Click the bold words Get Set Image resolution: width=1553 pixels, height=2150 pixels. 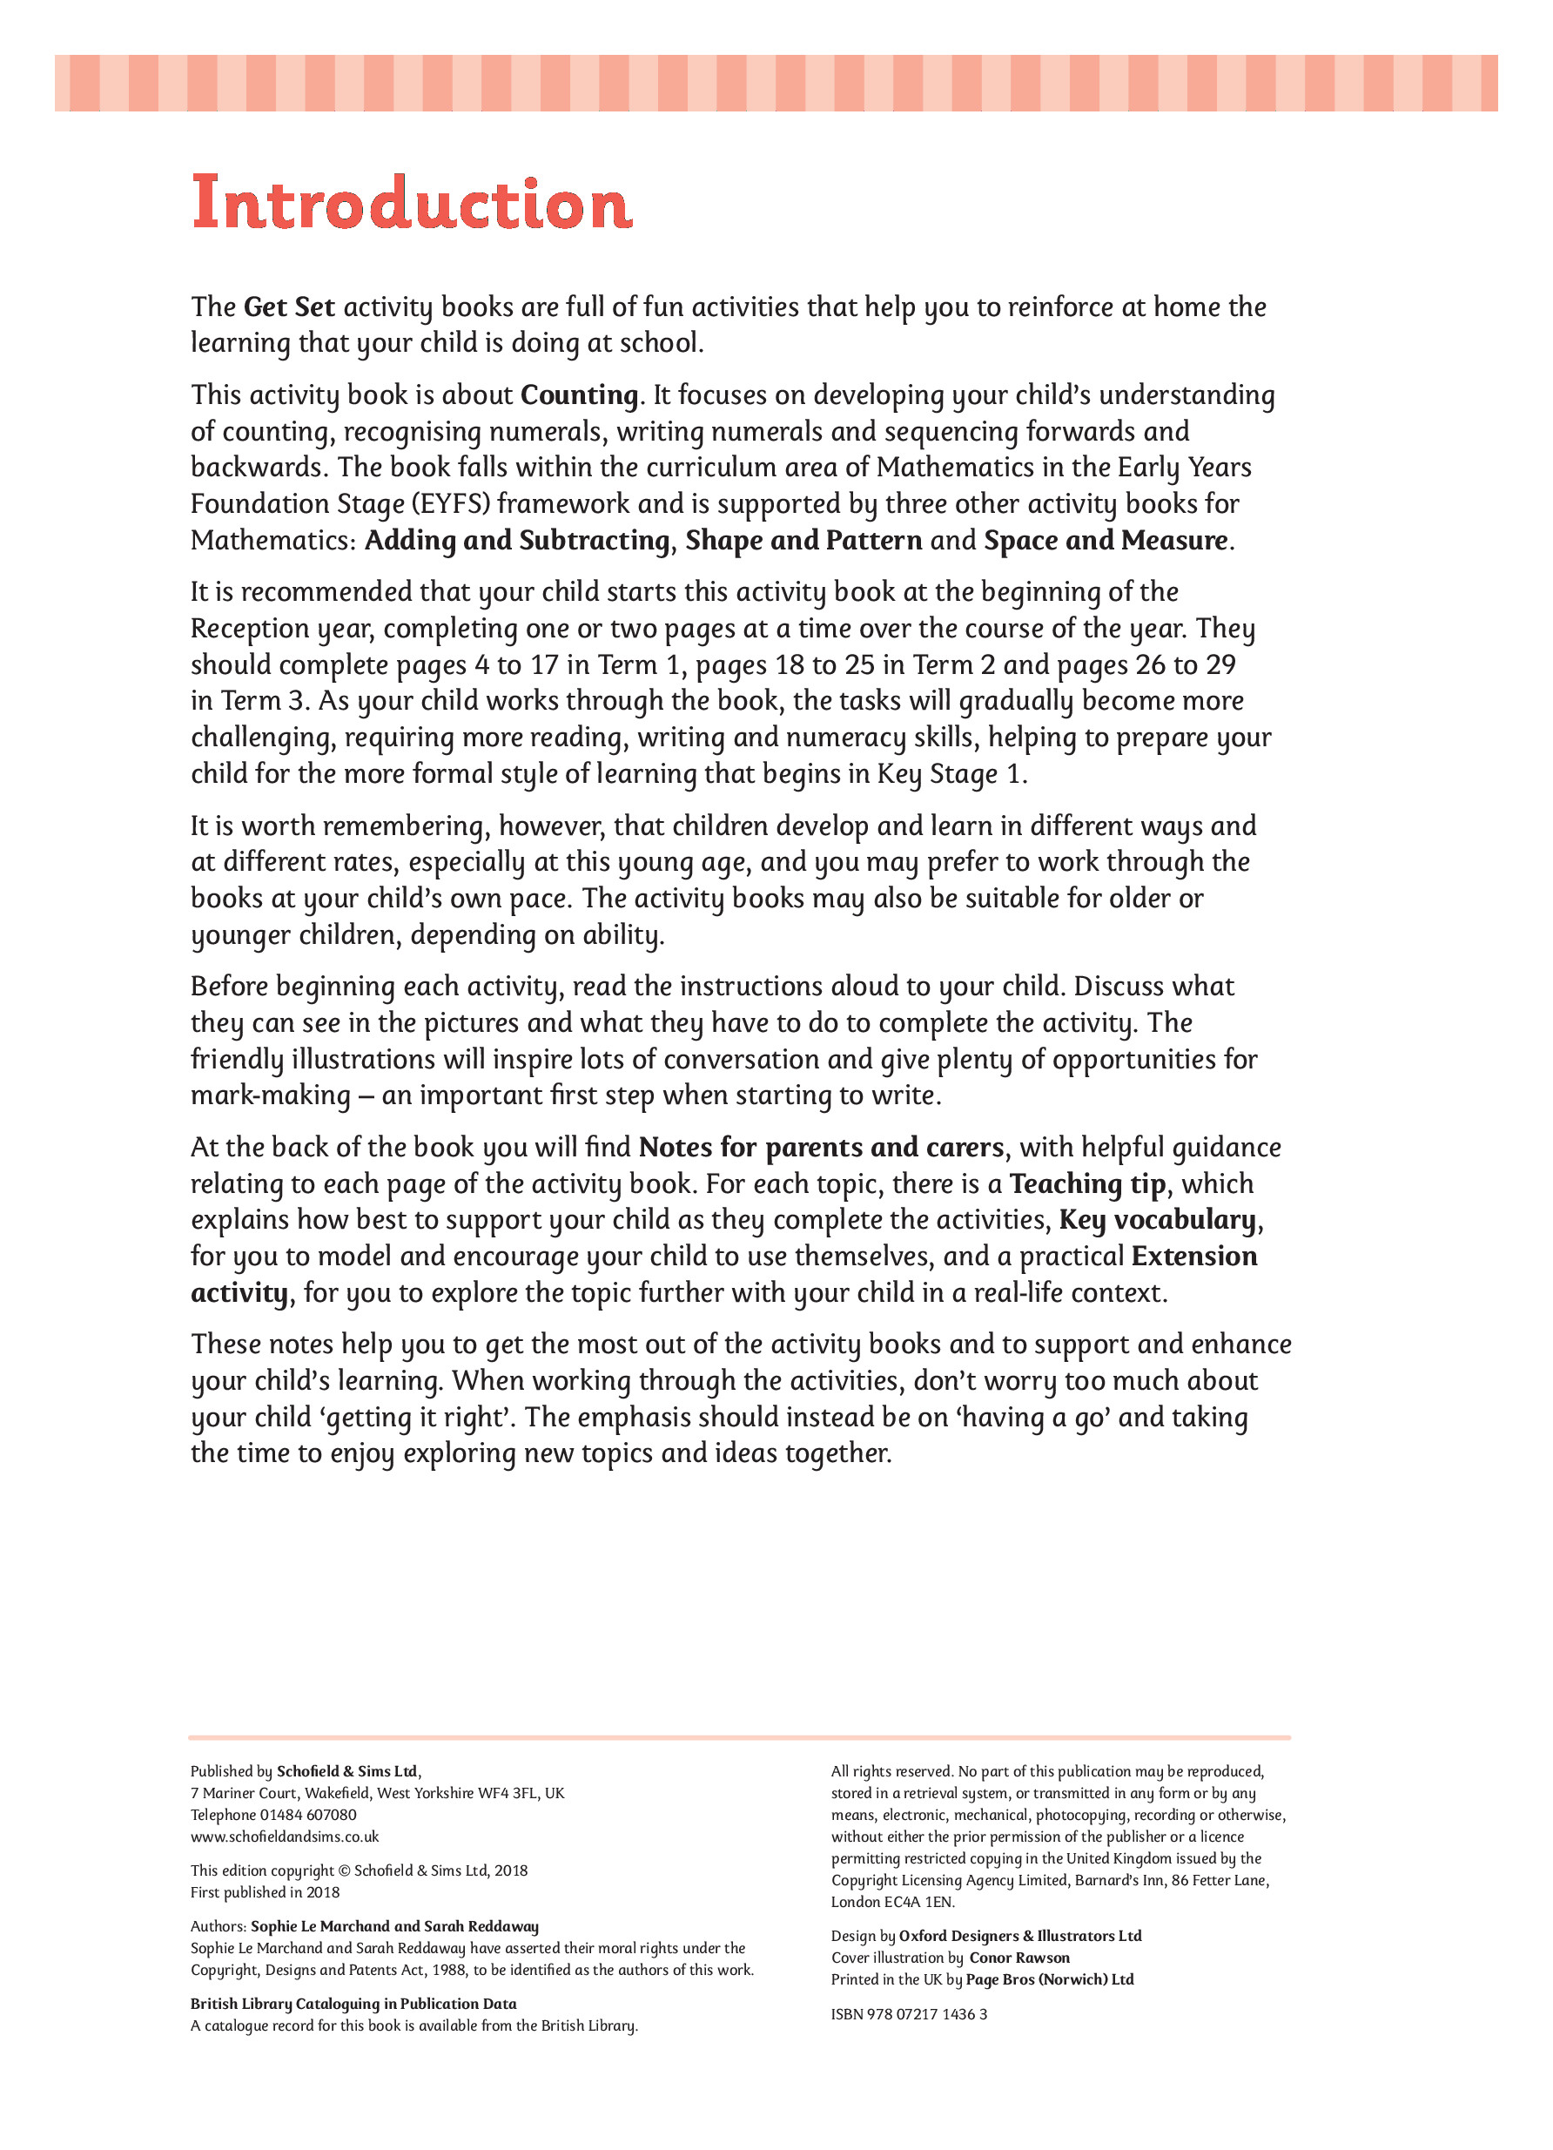289,307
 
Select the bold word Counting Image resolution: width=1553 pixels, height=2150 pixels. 580,394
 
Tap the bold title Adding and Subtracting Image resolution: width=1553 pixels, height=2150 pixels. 517,541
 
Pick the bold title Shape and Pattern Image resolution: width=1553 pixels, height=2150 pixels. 803,541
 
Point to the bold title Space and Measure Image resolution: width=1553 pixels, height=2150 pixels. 1106,541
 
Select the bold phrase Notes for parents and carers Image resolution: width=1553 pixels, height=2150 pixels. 821,1147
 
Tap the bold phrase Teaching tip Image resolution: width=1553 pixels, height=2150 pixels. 1086,1184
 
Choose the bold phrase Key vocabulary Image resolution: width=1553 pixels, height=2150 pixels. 1159,1220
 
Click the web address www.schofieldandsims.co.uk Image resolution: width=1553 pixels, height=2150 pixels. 285,1837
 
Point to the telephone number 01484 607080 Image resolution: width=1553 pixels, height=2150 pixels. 309,1815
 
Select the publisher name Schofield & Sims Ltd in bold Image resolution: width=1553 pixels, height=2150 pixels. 346,1771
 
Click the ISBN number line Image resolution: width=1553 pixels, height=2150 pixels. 909,2013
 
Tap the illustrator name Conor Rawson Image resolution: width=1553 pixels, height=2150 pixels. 1019,1958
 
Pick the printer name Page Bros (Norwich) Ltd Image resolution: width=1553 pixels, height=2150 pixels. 1049,1979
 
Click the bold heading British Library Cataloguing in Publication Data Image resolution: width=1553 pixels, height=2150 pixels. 353,2003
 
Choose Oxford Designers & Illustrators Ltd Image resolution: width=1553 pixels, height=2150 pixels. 1019,1936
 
